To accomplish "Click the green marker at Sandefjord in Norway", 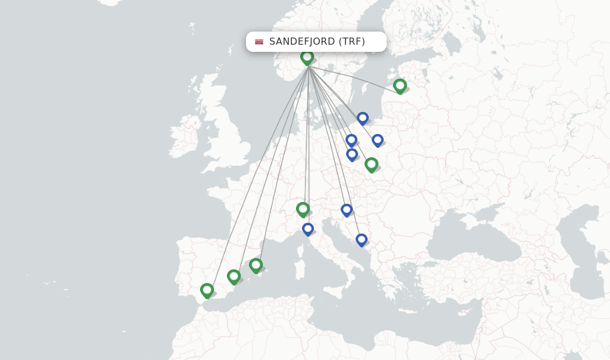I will [307, 57].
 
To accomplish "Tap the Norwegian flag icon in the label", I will [259, 42].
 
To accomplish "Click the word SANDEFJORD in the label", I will [301, 42].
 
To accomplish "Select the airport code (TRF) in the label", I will [351, 42].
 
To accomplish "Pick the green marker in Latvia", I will [400, 86].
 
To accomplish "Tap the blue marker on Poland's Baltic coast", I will [363, 118].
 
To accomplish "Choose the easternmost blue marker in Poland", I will [377, 140].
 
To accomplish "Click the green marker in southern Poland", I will [371, 164].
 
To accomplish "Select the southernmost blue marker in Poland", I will [352, 154].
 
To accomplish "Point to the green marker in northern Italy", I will [303, 209].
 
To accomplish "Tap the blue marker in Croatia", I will [347, 210].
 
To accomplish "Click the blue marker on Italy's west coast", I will [307, 229].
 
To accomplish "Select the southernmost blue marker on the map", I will [361, 240].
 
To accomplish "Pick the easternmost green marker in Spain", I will [256, 265].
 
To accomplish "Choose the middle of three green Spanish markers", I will [234, 277].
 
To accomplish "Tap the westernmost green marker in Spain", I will [207, 290].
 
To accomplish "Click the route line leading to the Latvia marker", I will [357, 77].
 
